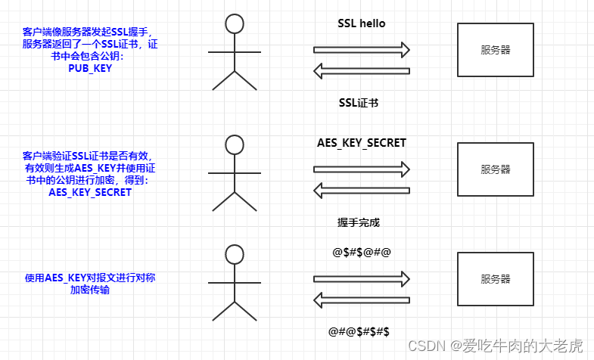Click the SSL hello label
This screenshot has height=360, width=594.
pos(361,23)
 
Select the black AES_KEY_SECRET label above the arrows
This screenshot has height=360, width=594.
pos(361,143)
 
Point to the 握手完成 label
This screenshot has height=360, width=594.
pos(359,223)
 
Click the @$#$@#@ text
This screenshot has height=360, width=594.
pos(361,251)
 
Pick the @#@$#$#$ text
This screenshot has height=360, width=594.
pos(359,331)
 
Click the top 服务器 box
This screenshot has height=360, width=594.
pos(495,50)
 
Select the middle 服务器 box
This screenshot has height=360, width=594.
pos(495,169)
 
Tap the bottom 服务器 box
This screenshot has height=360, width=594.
pos(495,279)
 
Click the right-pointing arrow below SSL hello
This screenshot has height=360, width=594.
pos(361,50)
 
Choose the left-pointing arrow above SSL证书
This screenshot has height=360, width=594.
pos(361,72)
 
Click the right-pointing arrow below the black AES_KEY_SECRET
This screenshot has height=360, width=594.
pos(361,168)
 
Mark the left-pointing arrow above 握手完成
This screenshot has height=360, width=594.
pos(361,190)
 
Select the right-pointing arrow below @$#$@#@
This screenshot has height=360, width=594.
pos(361,278)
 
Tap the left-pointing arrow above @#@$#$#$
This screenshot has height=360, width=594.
pos(361,300)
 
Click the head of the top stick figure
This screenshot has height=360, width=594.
pos(235,23)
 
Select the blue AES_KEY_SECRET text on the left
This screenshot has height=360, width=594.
pos(89,192)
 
